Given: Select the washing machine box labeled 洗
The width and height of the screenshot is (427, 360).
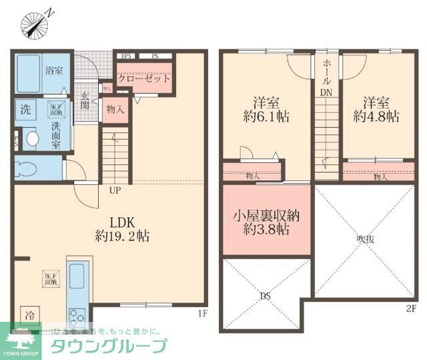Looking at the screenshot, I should point(25,110).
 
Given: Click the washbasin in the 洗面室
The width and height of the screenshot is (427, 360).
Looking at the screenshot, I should point(30,139).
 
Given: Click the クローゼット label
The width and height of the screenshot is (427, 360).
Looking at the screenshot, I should point(143,78).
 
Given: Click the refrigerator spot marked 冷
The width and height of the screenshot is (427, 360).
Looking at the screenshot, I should point(29,314).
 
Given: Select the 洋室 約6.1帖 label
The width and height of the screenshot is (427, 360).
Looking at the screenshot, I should point(265,110).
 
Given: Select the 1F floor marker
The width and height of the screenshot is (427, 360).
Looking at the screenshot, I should point(203,312).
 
